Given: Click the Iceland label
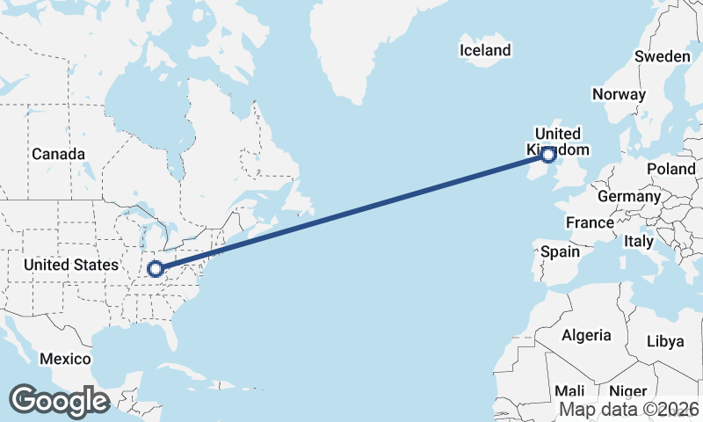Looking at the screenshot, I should click(484, 50).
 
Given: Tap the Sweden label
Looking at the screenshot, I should click(662, 56).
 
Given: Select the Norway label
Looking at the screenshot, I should click(619, 94).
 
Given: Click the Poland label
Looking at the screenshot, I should click(670, 169).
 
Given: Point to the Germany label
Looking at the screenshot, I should click(628, 196).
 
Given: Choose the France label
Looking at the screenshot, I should click(590, 222).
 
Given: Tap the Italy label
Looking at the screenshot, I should click(638, 241).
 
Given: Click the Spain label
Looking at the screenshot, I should click(560, 251).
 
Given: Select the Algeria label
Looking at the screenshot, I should click(586, 335).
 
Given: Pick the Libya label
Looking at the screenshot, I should click(663, 341).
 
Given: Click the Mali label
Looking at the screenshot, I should click(569, 391).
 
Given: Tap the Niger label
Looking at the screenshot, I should click(627, 391).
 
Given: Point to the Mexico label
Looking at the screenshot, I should click(65, 359).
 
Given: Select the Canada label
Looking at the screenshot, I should click(58, 154).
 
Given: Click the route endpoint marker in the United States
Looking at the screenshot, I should click(156, 269).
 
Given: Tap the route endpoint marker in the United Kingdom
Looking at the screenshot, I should click(548, 156).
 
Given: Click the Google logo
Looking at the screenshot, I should click(59, 401).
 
